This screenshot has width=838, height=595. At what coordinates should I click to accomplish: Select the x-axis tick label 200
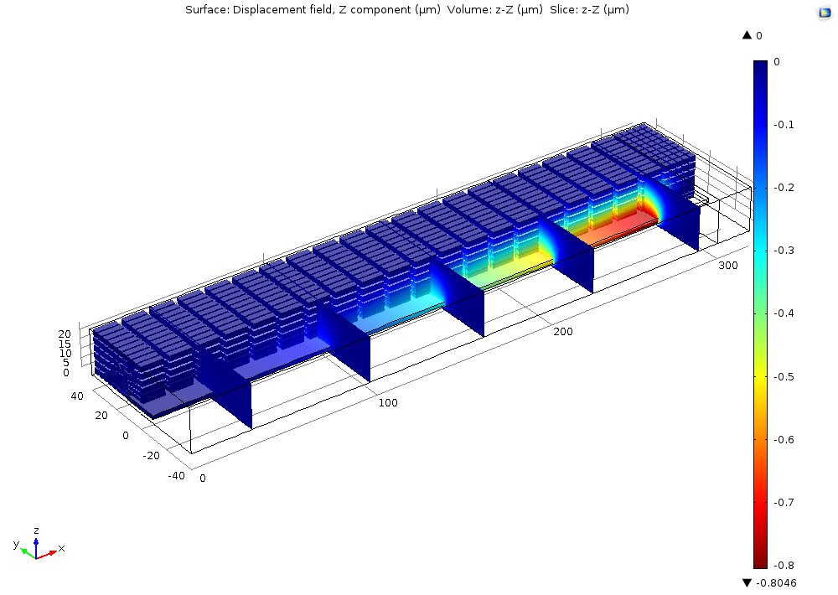point(562,332)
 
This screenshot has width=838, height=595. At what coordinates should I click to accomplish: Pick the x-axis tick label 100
point(388,403)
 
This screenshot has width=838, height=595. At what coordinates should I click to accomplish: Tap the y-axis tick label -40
point(176,476)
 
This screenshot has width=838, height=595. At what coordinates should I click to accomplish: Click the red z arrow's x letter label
point(61,548)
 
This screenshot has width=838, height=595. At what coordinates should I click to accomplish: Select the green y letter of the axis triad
point(16,545)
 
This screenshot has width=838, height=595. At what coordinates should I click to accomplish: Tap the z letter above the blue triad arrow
point(36,530)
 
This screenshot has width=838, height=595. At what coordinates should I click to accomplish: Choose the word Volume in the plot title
point(467,10)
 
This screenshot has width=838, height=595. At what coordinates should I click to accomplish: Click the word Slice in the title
point(565,10)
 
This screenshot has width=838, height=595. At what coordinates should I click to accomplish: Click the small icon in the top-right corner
point(823,13)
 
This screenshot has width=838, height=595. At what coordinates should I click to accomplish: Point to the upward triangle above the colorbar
point(747,35)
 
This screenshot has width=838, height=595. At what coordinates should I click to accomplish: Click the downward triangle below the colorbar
point(747,582)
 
